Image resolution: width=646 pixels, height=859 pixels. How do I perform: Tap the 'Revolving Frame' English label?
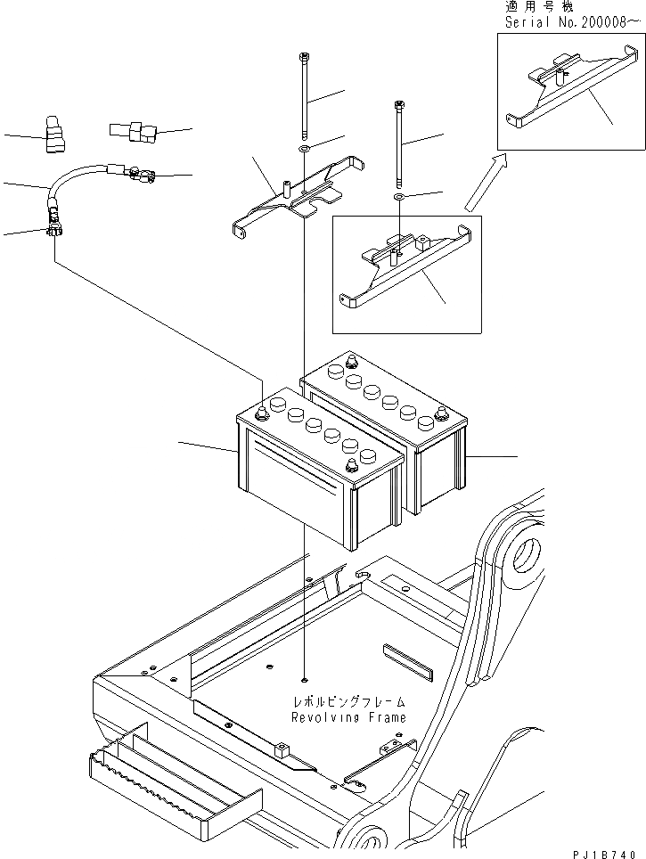click(x=348, y=716)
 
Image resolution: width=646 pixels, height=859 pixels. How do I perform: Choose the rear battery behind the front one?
click(x=419, y=428)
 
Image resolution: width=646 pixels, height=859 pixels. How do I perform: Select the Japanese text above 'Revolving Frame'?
click(x=348, y=701)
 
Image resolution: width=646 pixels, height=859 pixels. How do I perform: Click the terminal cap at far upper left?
click(x=53, y=133)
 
